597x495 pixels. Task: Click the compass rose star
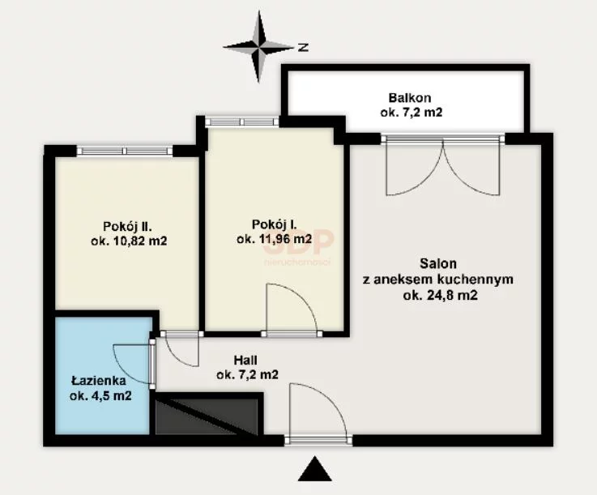click(x=258, y=47)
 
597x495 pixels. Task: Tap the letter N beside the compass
click(x=303, y=47)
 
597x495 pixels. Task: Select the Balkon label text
click(x=410, y=98)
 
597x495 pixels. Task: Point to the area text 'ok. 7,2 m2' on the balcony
click(x=412, y=113)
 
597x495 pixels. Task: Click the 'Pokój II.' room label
click(x=127, y=227)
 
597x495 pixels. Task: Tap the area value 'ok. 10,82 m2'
click(x=129, y=241)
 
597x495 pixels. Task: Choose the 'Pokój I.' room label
click(x=274, y=224)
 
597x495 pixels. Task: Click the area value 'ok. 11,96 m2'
click(x=274, y=239)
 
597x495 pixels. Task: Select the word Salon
click(x=438, y=263)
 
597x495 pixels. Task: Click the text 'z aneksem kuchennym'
click(x=438, y=280)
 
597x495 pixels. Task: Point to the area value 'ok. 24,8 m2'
click(x=440, y=295)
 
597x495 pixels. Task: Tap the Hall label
click(x=245, y=360)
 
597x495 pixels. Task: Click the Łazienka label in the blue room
click(x=99, y=381)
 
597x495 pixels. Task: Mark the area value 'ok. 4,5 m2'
click(x=100, y=395)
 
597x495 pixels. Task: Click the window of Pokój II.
click(x=125, y=151)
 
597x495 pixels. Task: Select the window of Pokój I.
click(x=241, y=122)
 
